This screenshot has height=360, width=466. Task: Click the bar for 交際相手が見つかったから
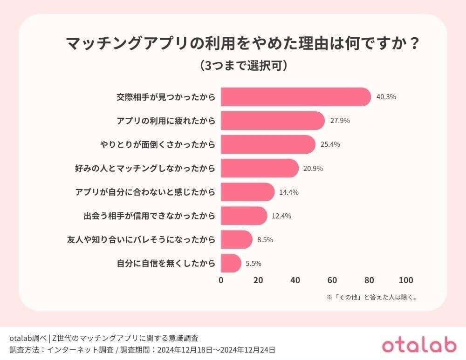(295, 97)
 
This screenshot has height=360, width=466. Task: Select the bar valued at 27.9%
(272, 121)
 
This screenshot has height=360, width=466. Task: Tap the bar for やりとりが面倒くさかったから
(267, 144)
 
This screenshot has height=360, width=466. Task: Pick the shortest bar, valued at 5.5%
(231, 264)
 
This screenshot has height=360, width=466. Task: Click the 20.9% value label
(313, 168)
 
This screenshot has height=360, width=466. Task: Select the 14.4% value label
(289, 192)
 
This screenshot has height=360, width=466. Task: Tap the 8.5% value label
(265, 240)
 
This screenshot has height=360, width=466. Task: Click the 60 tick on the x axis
(332, 280)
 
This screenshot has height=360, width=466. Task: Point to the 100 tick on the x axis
(406, 280)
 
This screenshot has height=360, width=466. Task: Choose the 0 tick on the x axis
(221, 280)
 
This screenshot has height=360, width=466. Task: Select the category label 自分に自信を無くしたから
(166, 264)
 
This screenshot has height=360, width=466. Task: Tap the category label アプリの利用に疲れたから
(166, 121)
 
